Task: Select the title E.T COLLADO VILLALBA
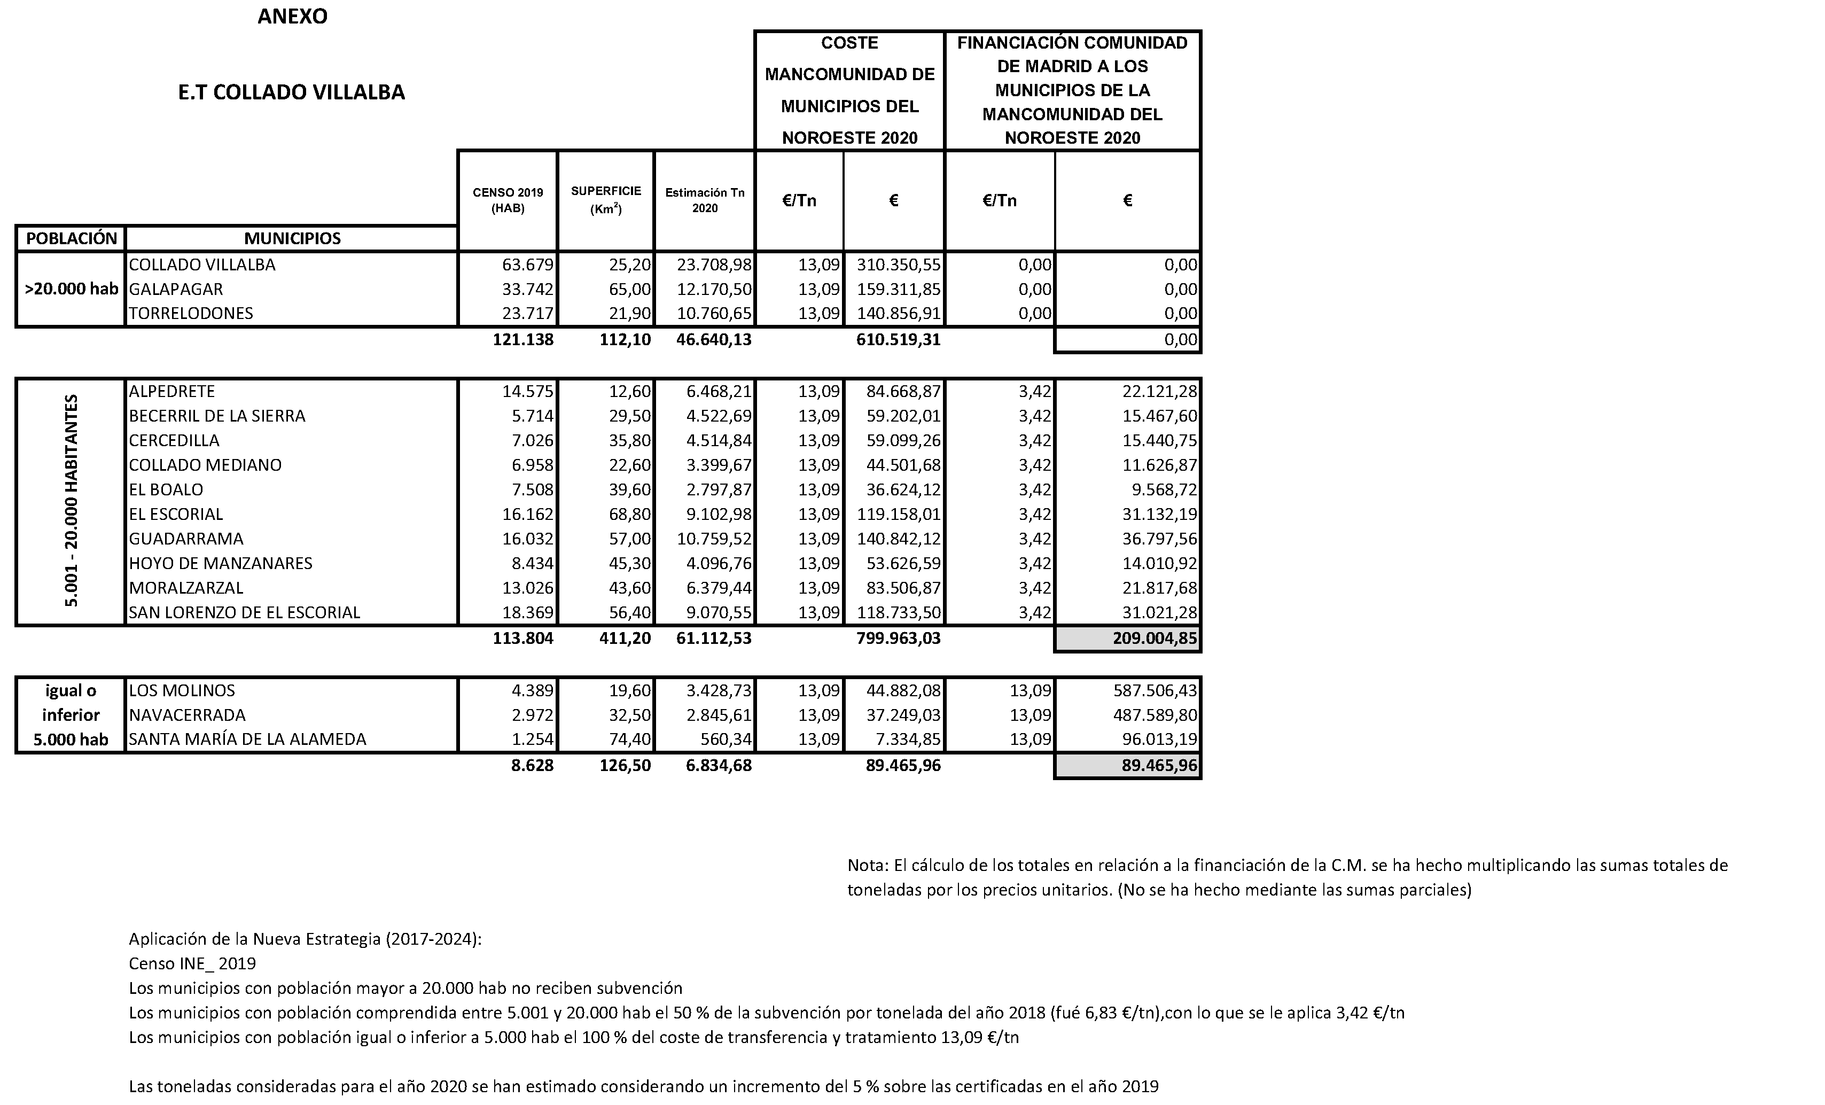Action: click(x=291, y=92)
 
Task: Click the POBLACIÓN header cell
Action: click(x=71, y=238)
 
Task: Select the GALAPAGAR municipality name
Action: click(x=176, y=289)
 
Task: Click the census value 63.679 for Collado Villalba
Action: click(x=528, y=264)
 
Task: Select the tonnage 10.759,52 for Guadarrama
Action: click(x=714, y=539)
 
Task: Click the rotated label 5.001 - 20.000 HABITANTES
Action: click(x=71, y=501)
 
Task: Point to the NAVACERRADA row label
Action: click(x=188, y=715)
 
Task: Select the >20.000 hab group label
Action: click(x=71, y=289)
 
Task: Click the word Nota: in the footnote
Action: click(x=867, y=865)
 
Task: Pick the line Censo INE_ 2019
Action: click(x=192, y=963)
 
